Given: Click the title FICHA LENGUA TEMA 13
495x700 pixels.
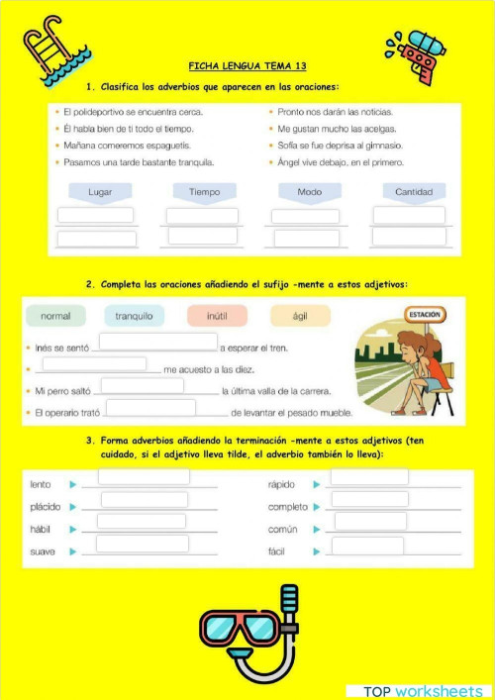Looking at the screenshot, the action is point(247,66).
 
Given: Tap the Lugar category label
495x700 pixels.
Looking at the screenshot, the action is point(100,191).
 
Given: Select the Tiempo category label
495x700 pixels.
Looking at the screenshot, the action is point(204,191).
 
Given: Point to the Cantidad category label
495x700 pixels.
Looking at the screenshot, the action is point(414,191).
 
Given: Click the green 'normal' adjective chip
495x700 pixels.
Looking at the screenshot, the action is point(55,316).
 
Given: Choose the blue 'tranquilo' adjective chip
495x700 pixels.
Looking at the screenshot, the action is point(134,316).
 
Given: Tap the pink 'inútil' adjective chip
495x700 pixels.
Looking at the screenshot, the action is point(216,316).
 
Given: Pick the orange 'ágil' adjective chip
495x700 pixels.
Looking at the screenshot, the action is point(300,316).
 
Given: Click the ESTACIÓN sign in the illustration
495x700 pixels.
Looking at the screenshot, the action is point(425,314).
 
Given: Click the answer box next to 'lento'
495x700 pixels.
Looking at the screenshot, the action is point(144,477).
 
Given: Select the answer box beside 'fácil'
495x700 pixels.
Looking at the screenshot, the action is point(367,546).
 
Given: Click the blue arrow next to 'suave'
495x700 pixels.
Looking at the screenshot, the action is point(72,551).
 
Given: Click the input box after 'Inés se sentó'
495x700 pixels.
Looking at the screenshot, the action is point(158,342).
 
